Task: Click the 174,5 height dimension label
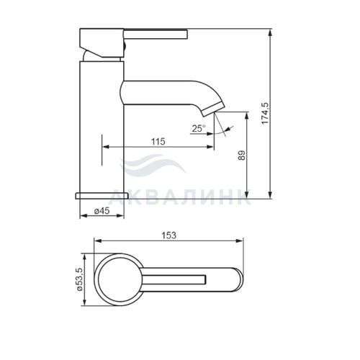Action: pyautogui.click(x=265, y=113)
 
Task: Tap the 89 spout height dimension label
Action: pyautogui.click(x=243, y=155)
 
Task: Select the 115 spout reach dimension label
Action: pyautogui.click(x=158, y=141)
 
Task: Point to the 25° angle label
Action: pyautogui.click(x=199, y=128)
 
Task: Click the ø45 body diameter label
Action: pyautogui.click(x=102, y=211)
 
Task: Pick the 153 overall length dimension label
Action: pyautogui.click(x=168, y=235)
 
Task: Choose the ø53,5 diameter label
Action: pyautogui.click(x=79, y=279)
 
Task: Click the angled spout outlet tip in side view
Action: pyautogui.click(x=212, y=109)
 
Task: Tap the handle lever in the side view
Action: pyautogui.click(x=155, y=34)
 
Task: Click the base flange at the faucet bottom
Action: pyautogui.click(x=102, y=196)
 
